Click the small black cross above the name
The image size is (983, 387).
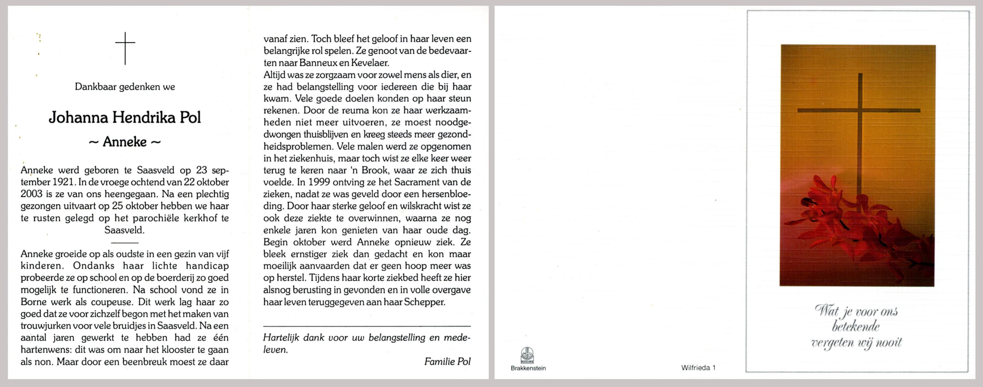coord(125,48)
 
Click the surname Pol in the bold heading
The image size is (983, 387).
coord(190,117)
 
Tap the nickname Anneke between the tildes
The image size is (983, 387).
coord(125,142)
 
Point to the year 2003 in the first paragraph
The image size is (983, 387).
coord(32,194)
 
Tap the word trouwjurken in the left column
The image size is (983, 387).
coord(46,326)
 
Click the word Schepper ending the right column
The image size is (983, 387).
coord(424,302)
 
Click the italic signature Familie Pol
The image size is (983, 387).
coord(447,362)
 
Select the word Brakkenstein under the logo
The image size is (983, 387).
coord(528,368)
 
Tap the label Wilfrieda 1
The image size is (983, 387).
coord(698,368)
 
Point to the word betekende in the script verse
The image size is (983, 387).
coord(856,327)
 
